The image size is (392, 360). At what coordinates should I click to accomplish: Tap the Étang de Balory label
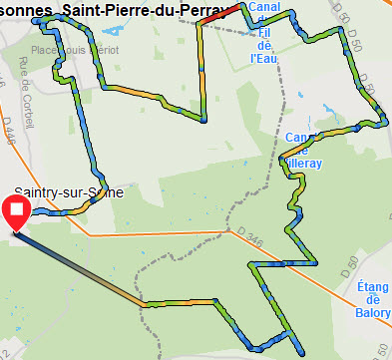372,299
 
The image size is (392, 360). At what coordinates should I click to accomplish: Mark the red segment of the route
226,13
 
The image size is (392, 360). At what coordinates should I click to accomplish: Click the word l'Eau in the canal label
264,56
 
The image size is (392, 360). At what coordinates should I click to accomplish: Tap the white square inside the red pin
16,207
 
